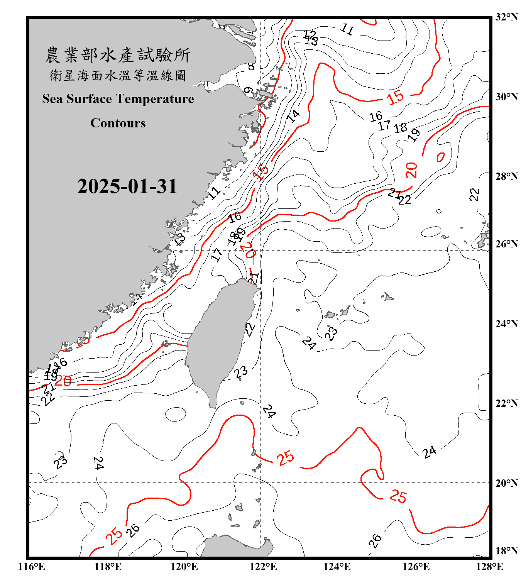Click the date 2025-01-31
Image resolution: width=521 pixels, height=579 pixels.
(x=127, y=186)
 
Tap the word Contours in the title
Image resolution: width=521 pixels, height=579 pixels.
(x=118, y=123)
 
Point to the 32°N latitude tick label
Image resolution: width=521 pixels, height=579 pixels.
(x=506, y=17)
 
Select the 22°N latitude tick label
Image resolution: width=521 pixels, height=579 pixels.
(x=506, y=404)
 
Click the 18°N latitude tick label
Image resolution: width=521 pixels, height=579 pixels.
(x=506, y=551)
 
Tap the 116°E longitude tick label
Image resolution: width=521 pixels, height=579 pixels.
(x=32, y=567)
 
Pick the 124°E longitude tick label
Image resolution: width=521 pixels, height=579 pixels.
(x=337, y=567)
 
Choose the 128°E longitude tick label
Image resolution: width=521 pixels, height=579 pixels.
(x=489, y=567)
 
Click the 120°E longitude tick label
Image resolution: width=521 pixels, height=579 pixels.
(x=184, y=567)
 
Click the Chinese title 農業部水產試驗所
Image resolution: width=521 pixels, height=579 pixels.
(x=118, y=55)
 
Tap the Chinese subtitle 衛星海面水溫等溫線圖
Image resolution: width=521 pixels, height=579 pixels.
(x=118, y=76)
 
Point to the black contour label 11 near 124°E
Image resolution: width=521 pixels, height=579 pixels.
(x=347, y=29)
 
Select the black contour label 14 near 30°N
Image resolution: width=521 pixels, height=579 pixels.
(x=293, y=115)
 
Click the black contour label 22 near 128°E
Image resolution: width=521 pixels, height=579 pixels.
(x=474, y=195)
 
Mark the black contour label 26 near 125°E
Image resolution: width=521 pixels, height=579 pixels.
(x=374, y=541)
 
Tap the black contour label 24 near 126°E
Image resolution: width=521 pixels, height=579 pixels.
(x=429, y=452)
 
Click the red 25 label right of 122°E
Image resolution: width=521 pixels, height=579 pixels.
(x=286, y=458)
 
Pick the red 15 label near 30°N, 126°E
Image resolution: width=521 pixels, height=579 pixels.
(x=396, y=97)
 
